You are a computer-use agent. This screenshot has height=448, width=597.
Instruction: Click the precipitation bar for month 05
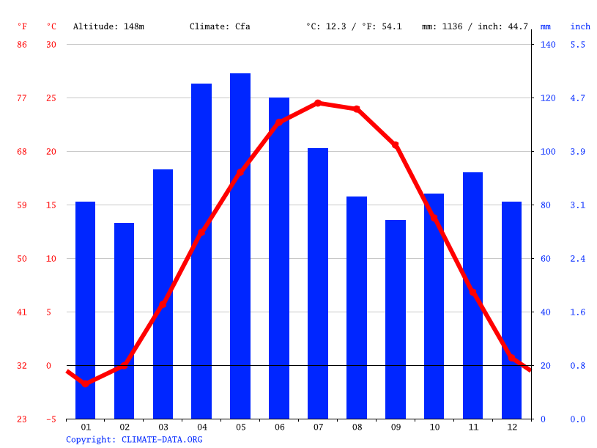click(x=240, y=246)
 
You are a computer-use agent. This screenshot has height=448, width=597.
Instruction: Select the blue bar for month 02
click(x=124, y=320)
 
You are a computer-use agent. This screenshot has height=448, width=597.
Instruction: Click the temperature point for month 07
click(x=318, y=103)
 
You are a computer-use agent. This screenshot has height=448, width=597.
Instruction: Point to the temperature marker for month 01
click(x=86, y=383)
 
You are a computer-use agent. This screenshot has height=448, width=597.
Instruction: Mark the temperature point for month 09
click(x=396, y=145)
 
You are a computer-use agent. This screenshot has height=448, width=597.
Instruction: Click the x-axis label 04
click(x=201, y=427)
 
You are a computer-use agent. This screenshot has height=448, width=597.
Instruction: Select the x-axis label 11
click(x=472, y=427)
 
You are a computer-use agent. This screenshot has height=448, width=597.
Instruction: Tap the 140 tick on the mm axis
click(x=548, y=45)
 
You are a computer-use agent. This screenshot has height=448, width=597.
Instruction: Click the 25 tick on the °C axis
click(x=51, y=98)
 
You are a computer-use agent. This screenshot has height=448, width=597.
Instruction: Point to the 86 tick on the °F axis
click(x=22, y=45)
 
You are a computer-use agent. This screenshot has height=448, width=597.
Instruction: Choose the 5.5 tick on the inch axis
click(x=578, y=45)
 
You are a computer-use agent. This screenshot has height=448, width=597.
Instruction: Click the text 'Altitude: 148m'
click(x=108, y=26)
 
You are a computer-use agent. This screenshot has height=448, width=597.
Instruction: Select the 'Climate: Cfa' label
click(x=220, y=26)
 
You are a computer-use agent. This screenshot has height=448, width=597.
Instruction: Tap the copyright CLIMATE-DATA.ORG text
click(x=134, y=440)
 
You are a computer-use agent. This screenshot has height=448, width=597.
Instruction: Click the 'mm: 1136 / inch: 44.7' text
click(x=475, y=26)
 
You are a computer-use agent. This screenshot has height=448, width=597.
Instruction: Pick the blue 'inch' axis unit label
click(x=580, y=26)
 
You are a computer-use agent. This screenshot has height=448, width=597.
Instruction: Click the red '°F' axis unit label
click(x=22, y=26)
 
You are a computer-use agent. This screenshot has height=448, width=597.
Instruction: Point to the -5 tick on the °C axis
click(x=51, y=419)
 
